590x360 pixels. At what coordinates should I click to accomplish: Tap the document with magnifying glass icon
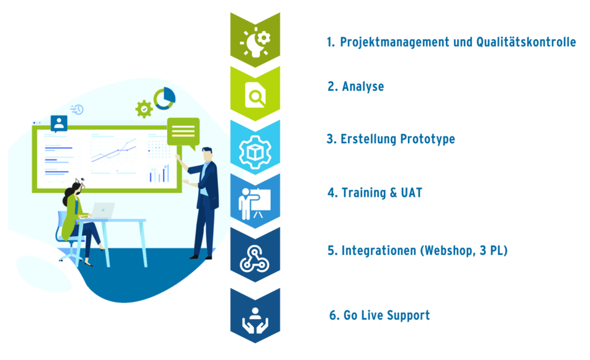point(255,95)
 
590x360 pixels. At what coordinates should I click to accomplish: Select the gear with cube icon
point(255,151)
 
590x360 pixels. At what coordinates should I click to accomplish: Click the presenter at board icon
point(255,204)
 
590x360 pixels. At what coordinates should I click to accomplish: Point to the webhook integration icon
point(255,258)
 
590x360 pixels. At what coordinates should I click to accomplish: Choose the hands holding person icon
point(255,320)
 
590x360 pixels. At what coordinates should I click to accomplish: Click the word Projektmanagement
point(395,42)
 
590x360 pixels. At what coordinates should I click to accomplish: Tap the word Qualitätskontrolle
point(526,42)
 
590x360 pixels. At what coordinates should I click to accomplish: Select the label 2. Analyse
point(356,86)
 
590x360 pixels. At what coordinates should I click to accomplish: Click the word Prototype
point(427,139)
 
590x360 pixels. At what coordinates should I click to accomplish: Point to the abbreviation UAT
point(411,192)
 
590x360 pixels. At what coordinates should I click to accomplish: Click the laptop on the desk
point(102,210)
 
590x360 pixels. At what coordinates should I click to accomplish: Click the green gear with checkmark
point(144,109)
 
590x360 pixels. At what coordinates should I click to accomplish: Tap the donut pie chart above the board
point(165,99)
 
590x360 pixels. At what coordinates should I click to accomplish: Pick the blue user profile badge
point(59,124)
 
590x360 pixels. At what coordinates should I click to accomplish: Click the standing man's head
point(207,154)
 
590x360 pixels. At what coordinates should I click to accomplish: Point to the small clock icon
point(77,109)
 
